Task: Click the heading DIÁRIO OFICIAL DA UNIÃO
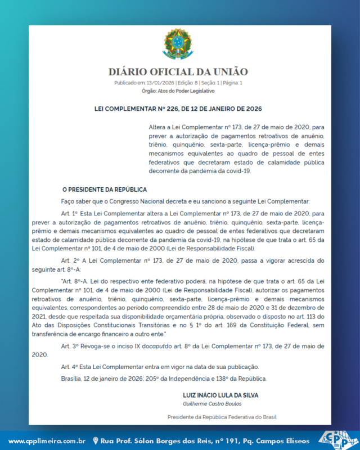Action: (178, 72)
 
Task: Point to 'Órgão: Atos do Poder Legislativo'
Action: (178, 91)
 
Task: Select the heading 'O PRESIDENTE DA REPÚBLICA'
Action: (104, 190)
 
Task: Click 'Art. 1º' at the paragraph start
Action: (71, 214)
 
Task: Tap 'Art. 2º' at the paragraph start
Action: (71, 261)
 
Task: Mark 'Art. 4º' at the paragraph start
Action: (71, 367)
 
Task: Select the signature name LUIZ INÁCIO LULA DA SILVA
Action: (220, 395)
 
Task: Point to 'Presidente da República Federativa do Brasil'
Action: (222, 417)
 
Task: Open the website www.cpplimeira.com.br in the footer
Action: (47, 440)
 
